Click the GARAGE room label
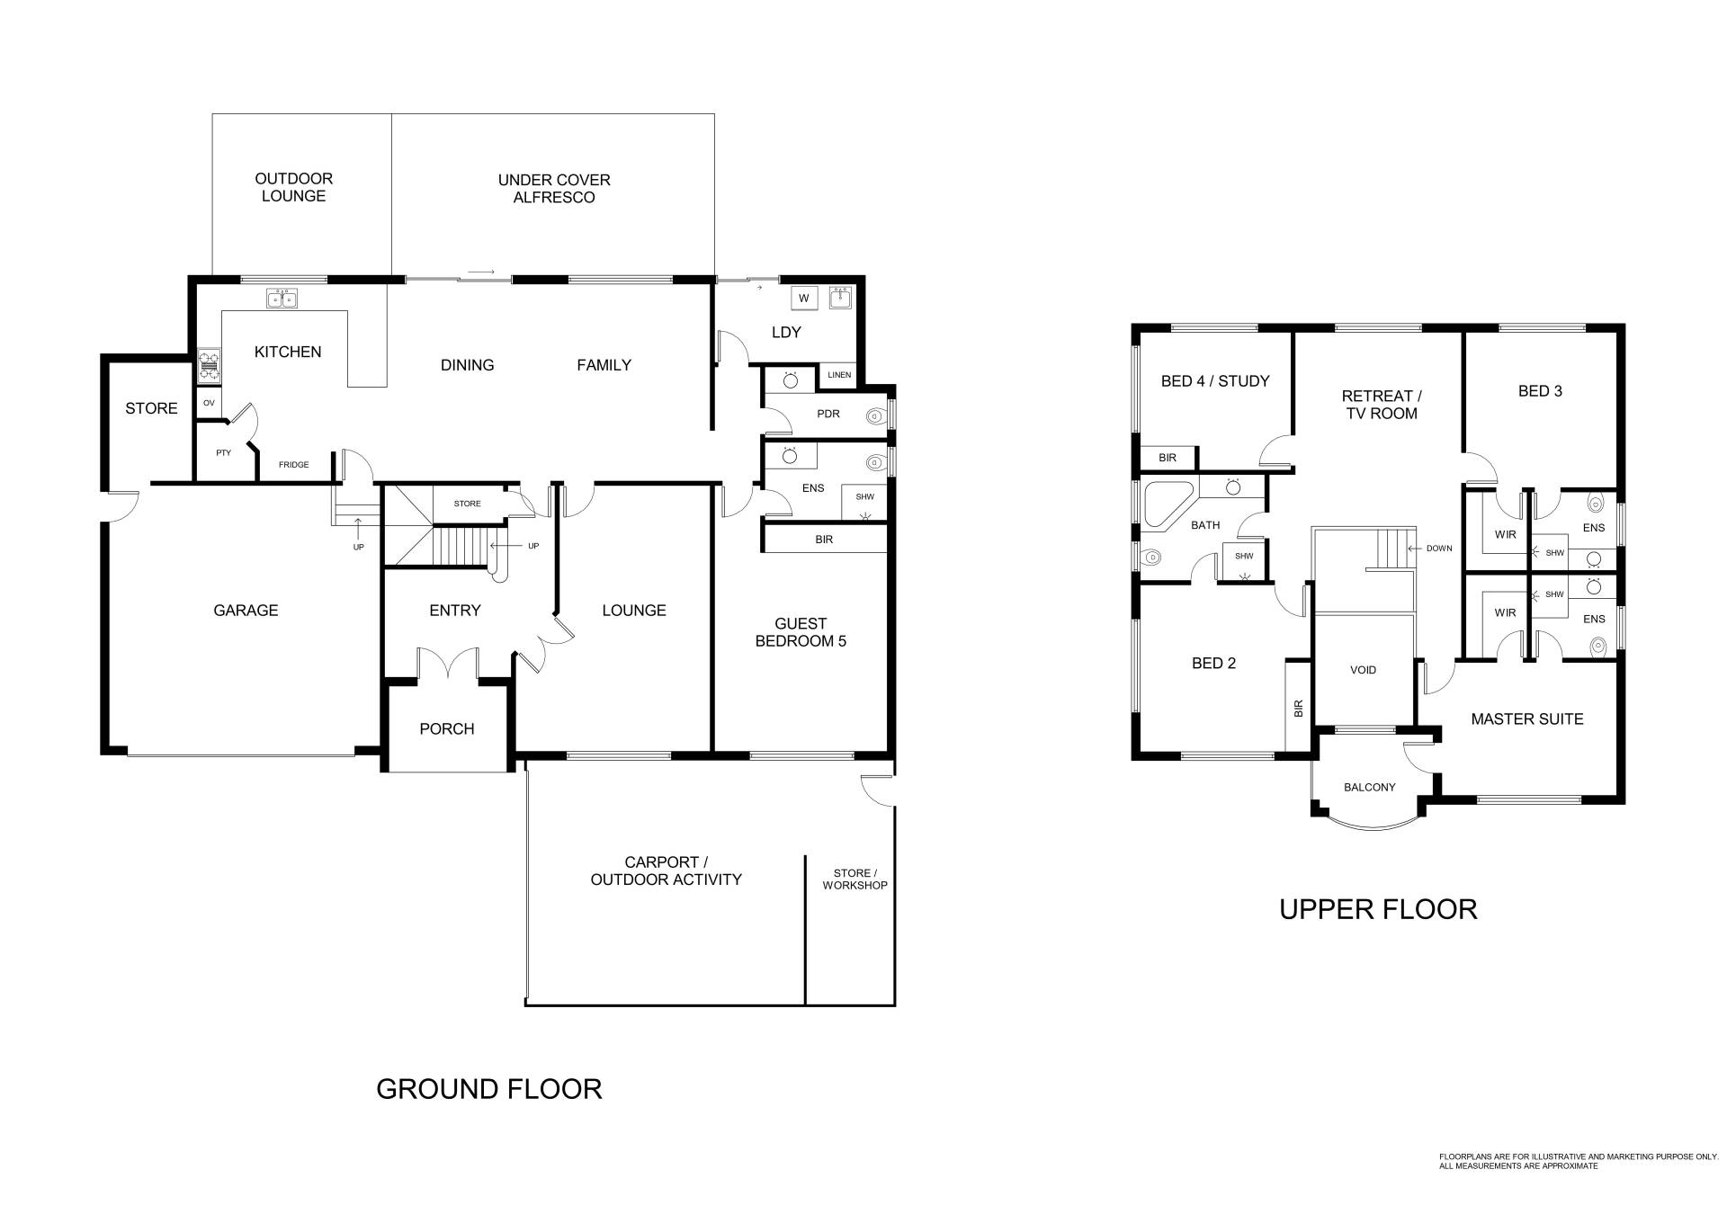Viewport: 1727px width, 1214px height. [x=246, y=611]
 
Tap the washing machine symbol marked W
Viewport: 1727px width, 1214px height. [x=804, y=299]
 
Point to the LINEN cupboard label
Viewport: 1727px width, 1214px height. [x=838, y=375]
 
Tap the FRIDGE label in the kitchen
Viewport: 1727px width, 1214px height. [x=293, y=465]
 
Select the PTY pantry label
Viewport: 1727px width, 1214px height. [x=224, y=453]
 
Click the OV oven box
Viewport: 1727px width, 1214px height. [x=209, y=403]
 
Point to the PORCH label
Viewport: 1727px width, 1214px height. [x=447, y=729]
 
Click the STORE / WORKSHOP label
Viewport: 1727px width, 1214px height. [x=855, y=879]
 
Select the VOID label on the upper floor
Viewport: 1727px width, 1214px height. [x=1364, y=670]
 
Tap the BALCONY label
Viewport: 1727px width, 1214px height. [x=1370, y=788]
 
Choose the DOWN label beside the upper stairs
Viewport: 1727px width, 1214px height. [x=1439, y=549]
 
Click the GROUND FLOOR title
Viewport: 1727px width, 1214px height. [x=488, y=1089]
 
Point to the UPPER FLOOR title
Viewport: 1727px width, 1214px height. [x=1378, y=910]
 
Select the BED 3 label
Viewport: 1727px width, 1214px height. [x=1540, y=391]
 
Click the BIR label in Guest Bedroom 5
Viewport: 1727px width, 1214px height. [x=824, y=540]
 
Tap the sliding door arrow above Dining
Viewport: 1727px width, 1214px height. [x=482, y=271]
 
